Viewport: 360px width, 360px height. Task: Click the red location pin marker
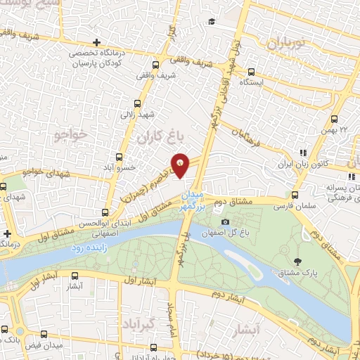[x=181, y=165]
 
